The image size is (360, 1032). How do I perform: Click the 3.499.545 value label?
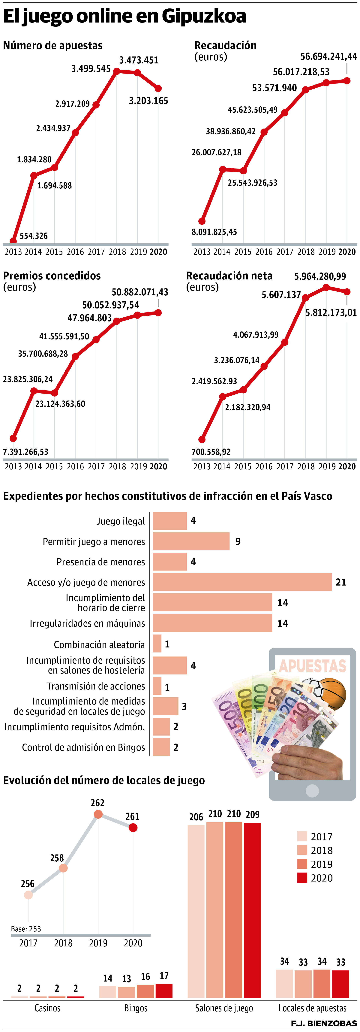tap(91, 69)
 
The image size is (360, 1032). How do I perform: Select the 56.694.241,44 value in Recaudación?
tap(328, 56)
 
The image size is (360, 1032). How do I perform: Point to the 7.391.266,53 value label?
tap(26, 452)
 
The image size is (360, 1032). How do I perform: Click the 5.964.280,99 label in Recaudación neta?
tap(320, 276)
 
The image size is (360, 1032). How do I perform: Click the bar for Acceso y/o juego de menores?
tap(242, 582)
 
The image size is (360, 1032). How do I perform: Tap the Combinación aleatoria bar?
tap(157, 644)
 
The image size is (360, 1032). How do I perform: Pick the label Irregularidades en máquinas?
tap(87, 623)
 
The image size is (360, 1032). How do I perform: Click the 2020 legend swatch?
tap(302, 878)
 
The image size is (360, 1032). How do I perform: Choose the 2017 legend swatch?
tap(302, 836)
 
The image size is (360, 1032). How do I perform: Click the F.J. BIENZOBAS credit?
tap(324, 1024)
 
